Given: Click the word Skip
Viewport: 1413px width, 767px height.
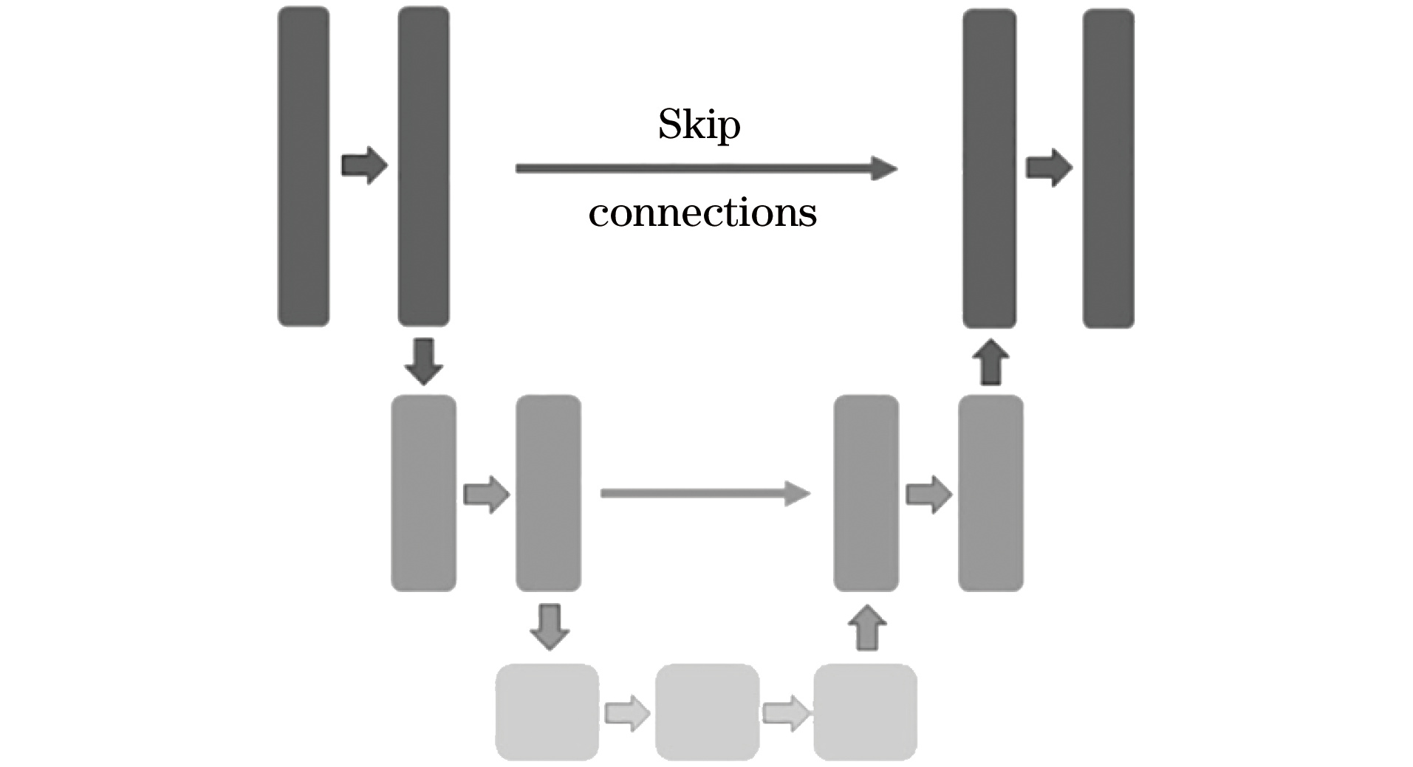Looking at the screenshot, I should [699, 125].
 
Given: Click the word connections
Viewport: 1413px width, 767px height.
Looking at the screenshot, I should [702, 214].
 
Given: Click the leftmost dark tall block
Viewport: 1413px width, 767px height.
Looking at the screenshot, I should [303, 167].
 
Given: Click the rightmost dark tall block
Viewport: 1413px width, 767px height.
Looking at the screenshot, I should [1108, 168].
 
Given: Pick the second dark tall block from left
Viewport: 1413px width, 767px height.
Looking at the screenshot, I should [423, 167].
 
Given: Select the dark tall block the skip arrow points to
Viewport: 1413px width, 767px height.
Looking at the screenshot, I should [989, 168].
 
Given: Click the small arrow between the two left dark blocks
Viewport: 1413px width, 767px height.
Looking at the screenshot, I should [364, 165].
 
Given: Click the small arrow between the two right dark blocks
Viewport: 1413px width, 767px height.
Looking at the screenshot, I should [1049, 168].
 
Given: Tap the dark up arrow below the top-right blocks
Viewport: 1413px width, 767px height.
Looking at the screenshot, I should [990, 362].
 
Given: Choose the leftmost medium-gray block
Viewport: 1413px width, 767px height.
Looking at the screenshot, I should [423, 493].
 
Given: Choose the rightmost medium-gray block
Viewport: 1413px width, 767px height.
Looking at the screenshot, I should [991, 493].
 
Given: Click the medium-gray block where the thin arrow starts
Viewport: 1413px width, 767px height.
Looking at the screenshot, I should [548, 493].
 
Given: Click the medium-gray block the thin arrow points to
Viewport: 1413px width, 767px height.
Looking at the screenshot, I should [866, 493].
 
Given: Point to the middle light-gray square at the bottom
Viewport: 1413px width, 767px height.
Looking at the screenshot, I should [707, 712].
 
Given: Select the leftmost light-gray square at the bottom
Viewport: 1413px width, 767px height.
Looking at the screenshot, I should [547, 712].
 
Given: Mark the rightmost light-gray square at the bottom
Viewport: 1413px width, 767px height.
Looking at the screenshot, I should [865, 712].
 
